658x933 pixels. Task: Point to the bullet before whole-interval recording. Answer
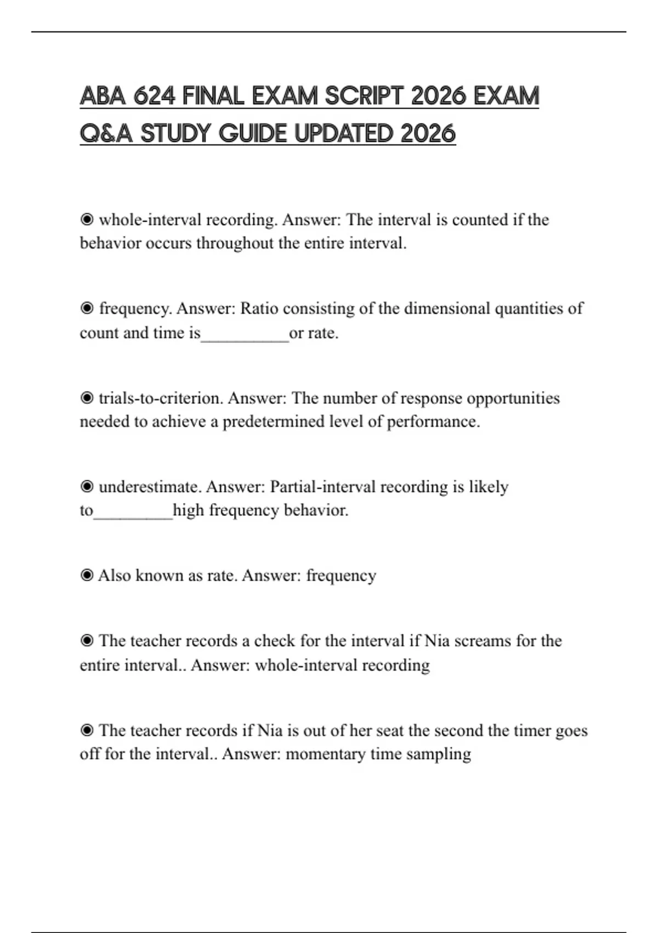coord(87,220)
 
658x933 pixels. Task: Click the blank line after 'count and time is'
coord(245,334)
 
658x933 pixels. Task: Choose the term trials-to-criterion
coord(161,398)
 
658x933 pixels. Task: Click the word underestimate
coord(150,487)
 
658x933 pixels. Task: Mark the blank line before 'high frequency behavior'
coord(133,512)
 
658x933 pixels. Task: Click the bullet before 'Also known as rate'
coord(87,575)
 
